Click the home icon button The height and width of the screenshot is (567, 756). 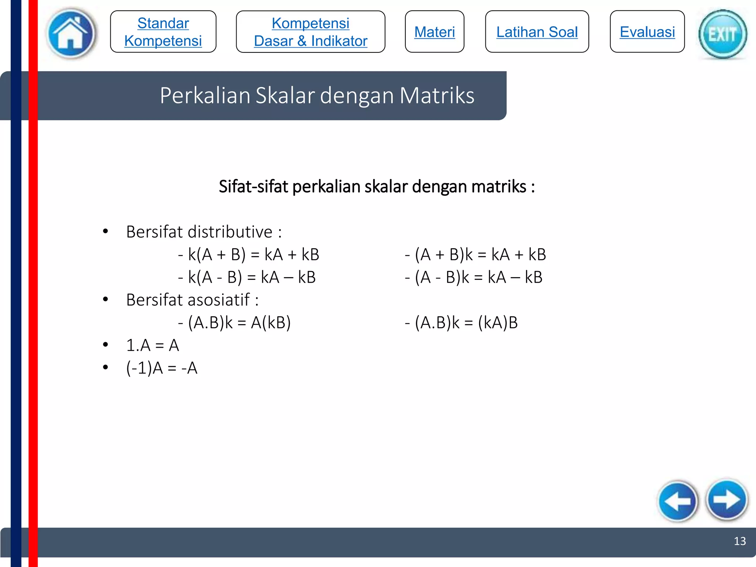(x=71, y=33)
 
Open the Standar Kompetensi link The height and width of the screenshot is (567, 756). (x=163, y=32)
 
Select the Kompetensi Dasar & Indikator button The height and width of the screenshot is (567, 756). (x=310, y=32)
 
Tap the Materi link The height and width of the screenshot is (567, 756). (x=434, y=32)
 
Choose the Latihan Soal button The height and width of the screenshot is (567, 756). (x=537, y=32)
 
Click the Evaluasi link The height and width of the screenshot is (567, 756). (x=647, y=32)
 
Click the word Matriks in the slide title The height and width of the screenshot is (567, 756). (x=437, y=96)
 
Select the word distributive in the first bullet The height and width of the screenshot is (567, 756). (x=230, y=232)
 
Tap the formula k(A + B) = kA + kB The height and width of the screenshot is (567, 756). (x=253, y=255)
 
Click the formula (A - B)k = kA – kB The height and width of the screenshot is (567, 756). (x=478, y=277)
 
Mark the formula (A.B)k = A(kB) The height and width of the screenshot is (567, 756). (x=239, y=323)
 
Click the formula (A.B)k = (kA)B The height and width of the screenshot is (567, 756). (x=466, y=323)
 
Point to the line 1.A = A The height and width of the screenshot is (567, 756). (x=152, y=346)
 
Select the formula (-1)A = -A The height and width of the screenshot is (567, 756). (x=162, y=368)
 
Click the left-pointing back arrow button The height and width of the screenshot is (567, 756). (x=678, y=501)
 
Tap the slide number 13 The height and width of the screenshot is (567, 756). (x=740, y=541)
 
